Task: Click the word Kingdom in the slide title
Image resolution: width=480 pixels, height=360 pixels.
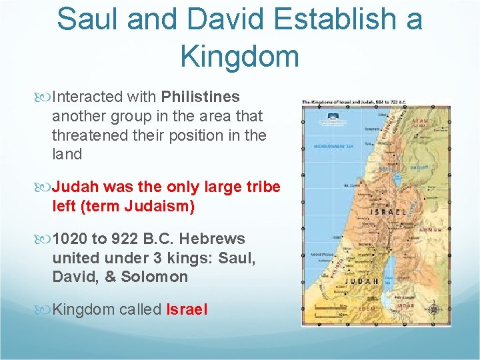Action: [x=239, y=57]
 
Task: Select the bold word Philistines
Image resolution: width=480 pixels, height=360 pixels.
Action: [x=200, y=97]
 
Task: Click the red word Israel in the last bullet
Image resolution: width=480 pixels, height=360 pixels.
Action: [x=187, y=309]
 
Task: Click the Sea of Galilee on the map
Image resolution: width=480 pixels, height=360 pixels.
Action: [x=391, y=181]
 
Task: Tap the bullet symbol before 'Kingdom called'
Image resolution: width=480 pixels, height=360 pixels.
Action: [x=45, y=309]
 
